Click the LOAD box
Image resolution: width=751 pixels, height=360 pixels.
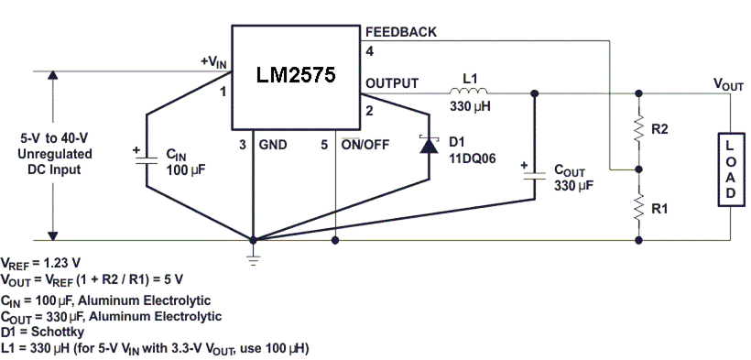click(730, 170)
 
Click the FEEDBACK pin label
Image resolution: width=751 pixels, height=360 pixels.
click(401, 32)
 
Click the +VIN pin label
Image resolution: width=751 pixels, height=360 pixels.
click(213, 61)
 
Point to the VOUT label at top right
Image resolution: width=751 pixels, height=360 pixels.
click(729, 83)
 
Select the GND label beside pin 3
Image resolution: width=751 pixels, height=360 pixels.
click(273, 144)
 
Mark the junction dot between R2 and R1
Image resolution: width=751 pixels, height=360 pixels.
click(638, 169)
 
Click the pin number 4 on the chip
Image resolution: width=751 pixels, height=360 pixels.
click(370, 51)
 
